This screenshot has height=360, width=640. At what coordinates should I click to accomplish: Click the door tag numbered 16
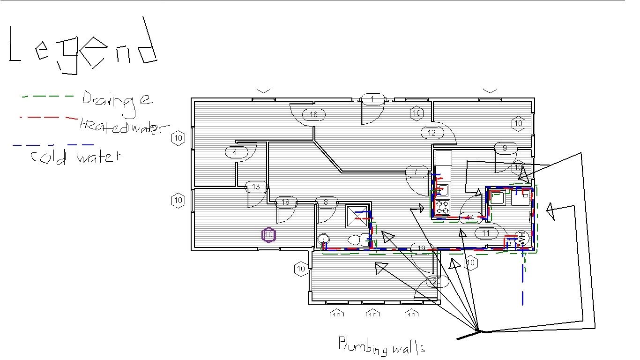[313, 114]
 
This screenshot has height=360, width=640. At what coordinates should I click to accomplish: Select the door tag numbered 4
[235, 152]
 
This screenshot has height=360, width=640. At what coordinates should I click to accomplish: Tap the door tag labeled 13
[256, 187]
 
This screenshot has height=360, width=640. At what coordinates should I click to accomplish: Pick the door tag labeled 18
[285, 202]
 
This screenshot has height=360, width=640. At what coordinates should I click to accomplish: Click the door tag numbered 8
[326, 202]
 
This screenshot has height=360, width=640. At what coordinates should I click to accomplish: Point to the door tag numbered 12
[432, 133]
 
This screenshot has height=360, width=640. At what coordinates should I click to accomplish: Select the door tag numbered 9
[505, 148]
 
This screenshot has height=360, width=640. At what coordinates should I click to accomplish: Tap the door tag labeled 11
[486, 233]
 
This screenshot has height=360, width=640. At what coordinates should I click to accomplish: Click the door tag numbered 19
[421, 248]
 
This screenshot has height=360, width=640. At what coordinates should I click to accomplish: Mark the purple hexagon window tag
[268, 235]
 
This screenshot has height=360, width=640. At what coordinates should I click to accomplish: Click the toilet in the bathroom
[357, 240]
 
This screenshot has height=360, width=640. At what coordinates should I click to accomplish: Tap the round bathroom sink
[323, 239]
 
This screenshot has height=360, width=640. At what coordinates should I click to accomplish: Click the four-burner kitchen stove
[442, 207]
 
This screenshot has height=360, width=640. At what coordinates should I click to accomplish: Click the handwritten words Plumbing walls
[381, 345]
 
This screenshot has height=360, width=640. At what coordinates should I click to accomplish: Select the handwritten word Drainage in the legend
[117, 100]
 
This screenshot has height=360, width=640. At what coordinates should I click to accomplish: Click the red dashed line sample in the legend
[47, 117]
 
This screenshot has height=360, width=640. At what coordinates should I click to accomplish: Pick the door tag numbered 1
[372, 99]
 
